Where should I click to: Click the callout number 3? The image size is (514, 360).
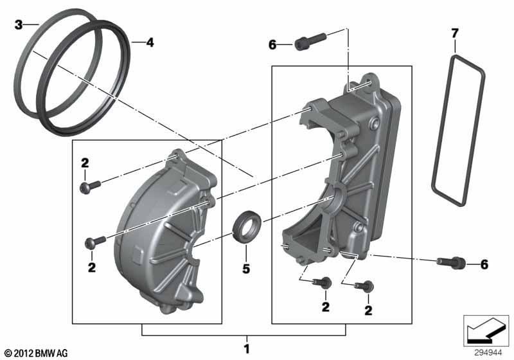[x=19, y=24]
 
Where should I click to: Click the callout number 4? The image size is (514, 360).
[x=150, y=42]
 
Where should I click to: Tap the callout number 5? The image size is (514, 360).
[x=246, y=269]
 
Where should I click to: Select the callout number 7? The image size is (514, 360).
[x=455, y=33]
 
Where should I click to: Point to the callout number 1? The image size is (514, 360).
[x=247, y=349]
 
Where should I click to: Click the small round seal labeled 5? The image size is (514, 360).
[x=247, y=228]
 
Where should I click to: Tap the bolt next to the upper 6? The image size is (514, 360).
[x=310, y=42]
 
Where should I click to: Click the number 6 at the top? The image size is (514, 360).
[x=272, y=44]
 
